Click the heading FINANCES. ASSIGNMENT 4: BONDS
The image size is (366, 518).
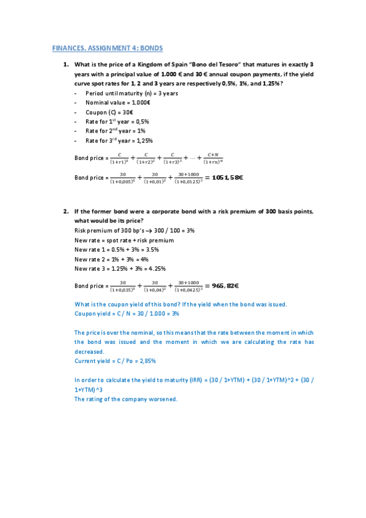click(x=108, y=48)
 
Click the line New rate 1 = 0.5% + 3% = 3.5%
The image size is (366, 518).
click(x=119, y=249)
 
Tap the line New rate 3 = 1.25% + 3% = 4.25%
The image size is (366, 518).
click(x=120, y=268)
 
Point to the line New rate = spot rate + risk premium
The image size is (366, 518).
click(x=123, y=240)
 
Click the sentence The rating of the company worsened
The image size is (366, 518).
click(x=125, y=399)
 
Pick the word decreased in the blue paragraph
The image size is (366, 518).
click(x=89, y=352)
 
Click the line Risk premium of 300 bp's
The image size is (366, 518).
click(x=133, y=230)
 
